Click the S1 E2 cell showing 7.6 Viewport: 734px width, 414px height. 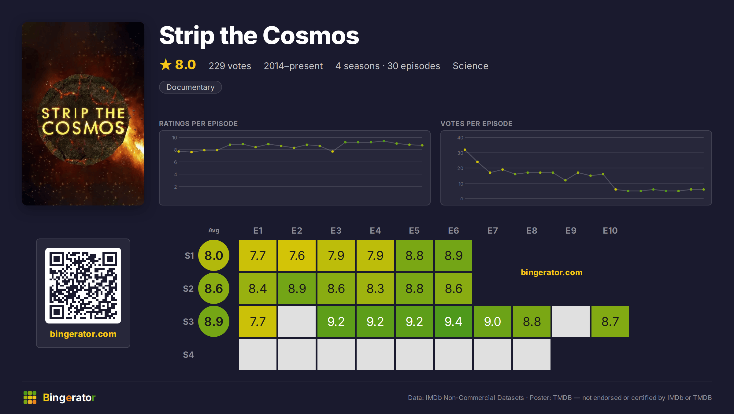click(297, 255)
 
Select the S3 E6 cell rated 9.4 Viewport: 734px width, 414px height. click(453, 321)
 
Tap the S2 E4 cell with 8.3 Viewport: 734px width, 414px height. click(375, 288)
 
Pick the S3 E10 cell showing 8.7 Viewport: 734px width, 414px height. click(610, 321)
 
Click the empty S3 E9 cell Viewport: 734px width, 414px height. click(571, 321)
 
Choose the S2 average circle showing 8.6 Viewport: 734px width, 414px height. click(214, 288)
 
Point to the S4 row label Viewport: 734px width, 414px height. click(188, 355)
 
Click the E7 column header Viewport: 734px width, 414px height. click(492, 231)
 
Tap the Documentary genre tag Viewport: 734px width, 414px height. click(190, 87)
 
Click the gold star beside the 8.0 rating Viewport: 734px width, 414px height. click(166, 65)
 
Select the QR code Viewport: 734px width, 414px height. click(83, 286)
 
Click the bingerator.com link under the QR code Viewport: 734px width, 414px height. click(83, 334)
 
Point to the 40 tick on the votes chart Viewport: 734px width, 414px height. click(460, 138)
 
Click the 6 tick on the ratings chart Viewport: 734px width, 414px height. click(175, 162)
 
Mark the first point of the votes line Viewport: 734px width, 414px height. click(465, 150)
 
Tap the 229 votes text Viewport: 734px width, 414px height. click(230, 66)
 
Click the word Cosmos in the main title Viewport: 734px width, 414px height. click(311, 35)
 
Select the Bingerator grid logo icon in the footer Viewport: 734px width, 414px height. click(30, 397)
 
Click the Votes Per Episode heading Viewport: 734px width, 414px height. click(476, 124)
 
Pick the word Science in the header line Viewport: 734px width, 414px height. click(470, 66)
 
